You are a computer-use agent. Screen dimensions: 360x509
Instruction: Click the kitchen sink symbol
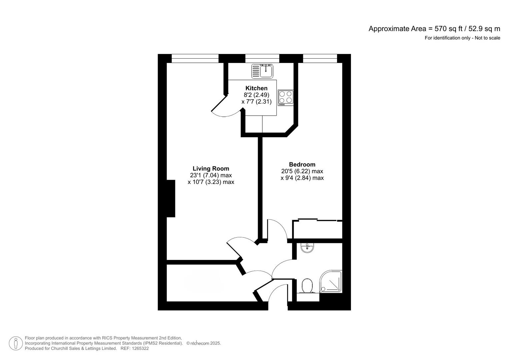[x=262, y=71]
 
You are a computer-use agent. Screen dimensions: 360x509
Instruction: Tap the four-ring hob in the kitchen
[x=286, y=98]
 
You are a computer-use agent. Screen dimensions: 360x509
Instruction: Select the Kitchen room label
[x=256, y=88]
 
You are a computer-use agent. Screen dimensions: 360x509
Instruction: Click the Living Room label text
[x=211, y=169]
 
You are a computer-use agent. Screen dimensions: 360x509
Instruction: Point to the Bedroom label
[x=302, y=164]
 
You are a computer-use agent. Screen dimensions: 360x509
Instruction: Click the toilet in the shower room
[x=307, y=286]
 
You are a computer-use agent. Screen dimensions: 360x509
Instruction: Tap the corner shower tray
[x=331, y=282]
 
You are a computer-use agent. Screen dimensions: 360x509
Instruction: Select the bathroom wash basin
[x=307, y=248]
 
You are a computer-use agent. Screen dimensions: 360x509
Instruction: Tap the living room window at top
[x=195, y=59]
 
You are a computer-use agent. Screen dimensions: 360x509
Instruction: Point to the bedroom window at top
[x=320, y=59]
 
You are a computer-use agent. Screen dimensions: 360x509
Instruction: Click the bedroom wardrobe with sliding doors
[x=317, y=229]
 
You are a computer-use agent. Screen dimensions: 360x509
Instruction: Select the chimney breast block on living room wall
[x=171, y=199]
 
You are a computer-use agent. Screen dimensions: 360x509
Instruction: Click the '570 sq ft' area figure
[x=447, y=29]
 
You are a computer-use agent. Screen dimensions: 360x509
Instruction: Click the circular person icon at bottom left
[x=16, y=343]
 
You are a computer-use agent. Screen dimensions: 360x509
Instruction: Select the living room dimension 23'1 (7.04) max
[x=211, y=175]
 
